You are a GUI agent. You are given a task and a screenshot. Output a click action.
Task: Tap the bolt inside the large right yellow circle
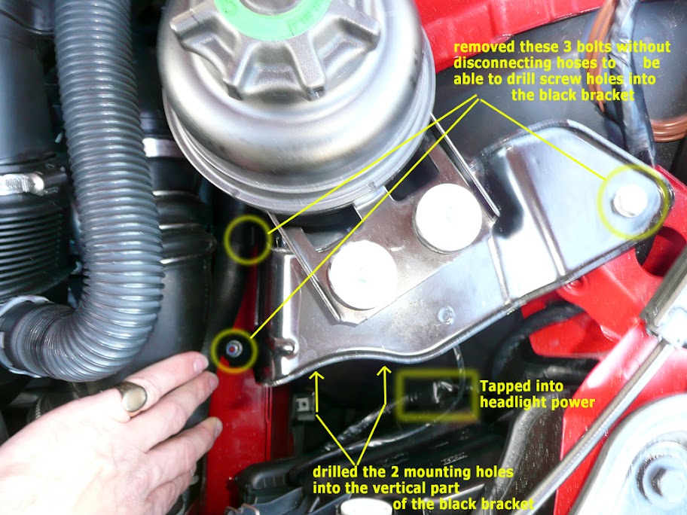(630, 201)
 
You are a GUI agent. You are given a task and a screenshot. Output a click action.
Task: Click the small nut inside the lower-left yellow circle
(234, 349)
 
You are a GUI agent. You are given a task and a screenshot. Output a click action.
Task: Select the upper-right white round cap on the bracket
(448, 217)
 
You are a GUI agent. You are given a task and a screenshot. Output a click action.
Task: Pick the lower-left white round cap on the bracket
(363, 274)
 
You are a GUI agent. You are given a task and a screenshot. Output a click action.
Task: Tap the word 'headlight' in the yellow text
(513, 403)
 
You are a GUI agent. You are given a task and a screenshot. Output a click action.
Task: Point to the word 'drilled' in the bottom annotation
(335, 471)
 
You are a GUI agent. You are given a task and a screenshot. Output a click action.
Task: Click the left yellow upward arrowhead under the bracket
(317, 376)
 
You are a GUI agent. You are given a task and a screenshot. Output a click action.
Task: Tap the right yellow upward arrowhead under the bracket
(384, 371)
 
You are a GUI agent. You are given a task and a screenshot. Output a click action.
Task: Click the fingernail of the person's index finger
(200, 363)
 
